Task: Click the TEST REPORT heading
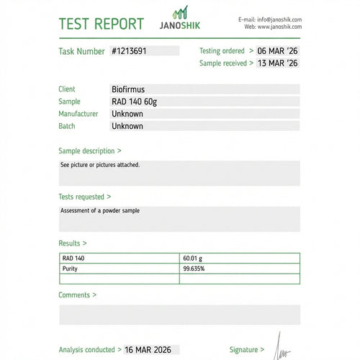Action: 101,24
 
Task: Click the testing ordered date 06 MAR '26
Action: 278,51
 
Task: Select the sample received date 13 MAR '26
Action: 278,63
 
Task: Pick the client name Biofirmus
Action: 128,89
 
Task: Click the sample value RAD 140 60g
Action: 134,102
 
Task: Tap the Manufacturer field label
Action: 78,114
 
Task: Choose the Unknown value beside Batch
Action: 127,126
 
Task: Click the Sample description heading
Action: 89,151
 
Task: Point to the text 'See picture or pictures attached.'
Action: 100,165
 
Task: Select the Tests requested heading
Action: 84,197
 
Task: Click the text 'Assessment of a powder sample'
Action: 100,211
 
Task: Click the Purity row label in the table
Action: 70,269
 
